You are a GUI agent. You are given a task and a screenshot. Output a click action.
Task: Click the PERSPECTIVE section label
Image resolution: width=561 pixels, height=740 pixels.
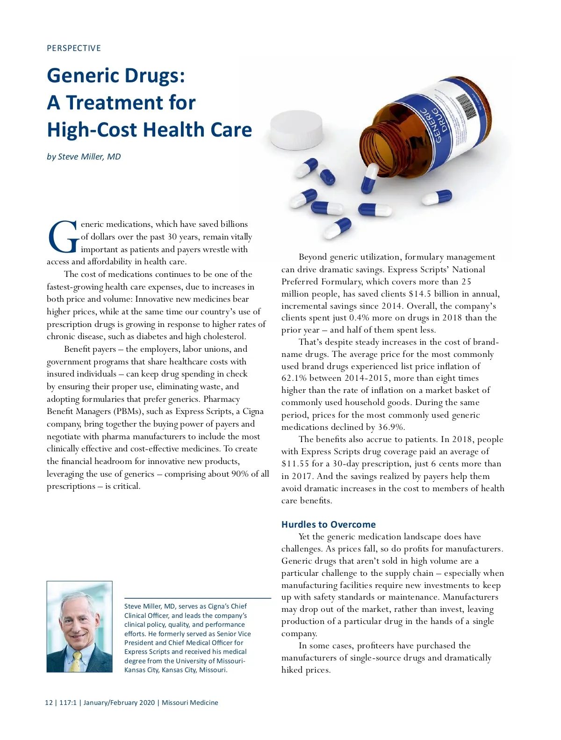tap(74, 48)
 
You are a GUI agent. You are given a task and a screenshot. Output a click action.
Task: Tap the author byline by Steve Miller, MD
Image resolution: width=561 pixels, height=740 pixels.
tap(84, 157)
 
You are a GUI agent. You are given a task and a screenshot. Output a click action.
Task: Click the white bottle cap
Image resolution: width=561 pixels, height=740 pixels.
tap(297, 129)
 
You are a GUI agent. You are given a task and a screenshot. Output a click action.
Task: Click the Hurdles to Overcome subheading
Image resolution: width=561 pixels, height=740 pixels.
tap(329, 524)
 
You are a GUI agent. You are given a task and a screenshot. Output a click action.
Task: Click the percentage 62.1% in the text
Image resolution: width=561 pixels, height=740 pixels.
tap(294, 378)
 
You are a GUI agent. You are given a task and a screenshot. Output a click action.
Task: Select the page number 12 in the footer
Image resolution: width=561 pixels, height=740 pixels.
tap(49, 703)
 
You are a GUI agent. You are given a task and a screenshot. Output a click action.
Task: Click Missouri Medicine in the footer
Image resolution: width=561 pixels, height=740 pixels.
tap(190, 703)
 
